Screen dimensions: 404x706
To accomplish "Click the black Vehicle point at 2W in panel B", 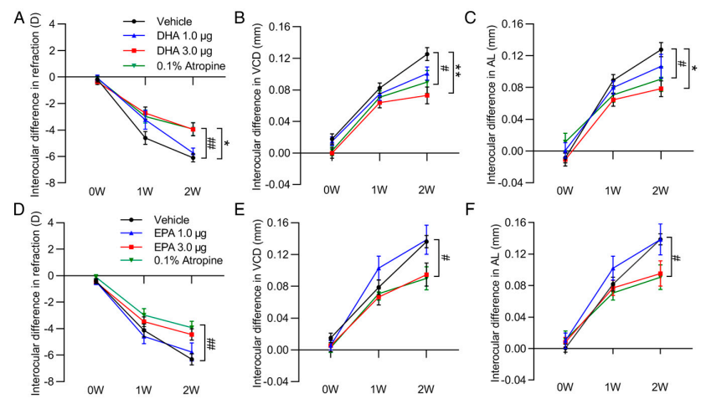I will tap(426, 54).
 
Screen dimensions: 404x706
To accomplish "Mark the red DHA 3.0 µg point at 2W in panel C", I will tap(661, 89).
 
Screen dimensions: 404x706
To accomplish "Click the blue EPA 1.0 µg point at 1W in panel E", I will tap(379, 268).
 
